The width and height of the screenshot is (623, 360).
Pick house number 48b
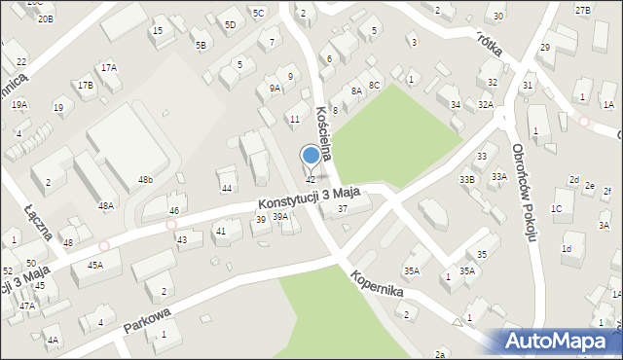(145, 180)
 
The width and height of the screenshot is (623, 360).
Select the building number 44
(227, 188)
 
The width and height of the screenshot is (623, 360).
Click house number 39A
(280, 217)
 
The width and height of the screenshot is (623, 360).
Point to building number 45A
(95, 265)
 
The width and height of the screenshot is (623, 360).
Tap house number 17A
(109, 67)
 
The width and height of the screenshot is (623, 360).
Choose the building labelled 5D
(230, 24)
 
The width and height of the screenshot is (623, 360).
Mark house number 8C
(374, 86)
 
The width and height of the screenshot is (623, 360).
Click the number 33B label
(467, 179)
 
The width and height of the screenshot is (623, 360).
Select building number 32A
(486, 104)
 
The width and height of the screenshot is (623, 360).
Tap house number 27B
(582, 10)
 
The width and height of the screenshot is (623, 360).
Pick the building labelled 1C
(556, 208)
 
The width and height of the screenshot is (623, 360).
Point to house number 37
(342, 209)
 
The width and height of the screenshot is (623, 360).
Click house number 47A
(27, 306)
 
